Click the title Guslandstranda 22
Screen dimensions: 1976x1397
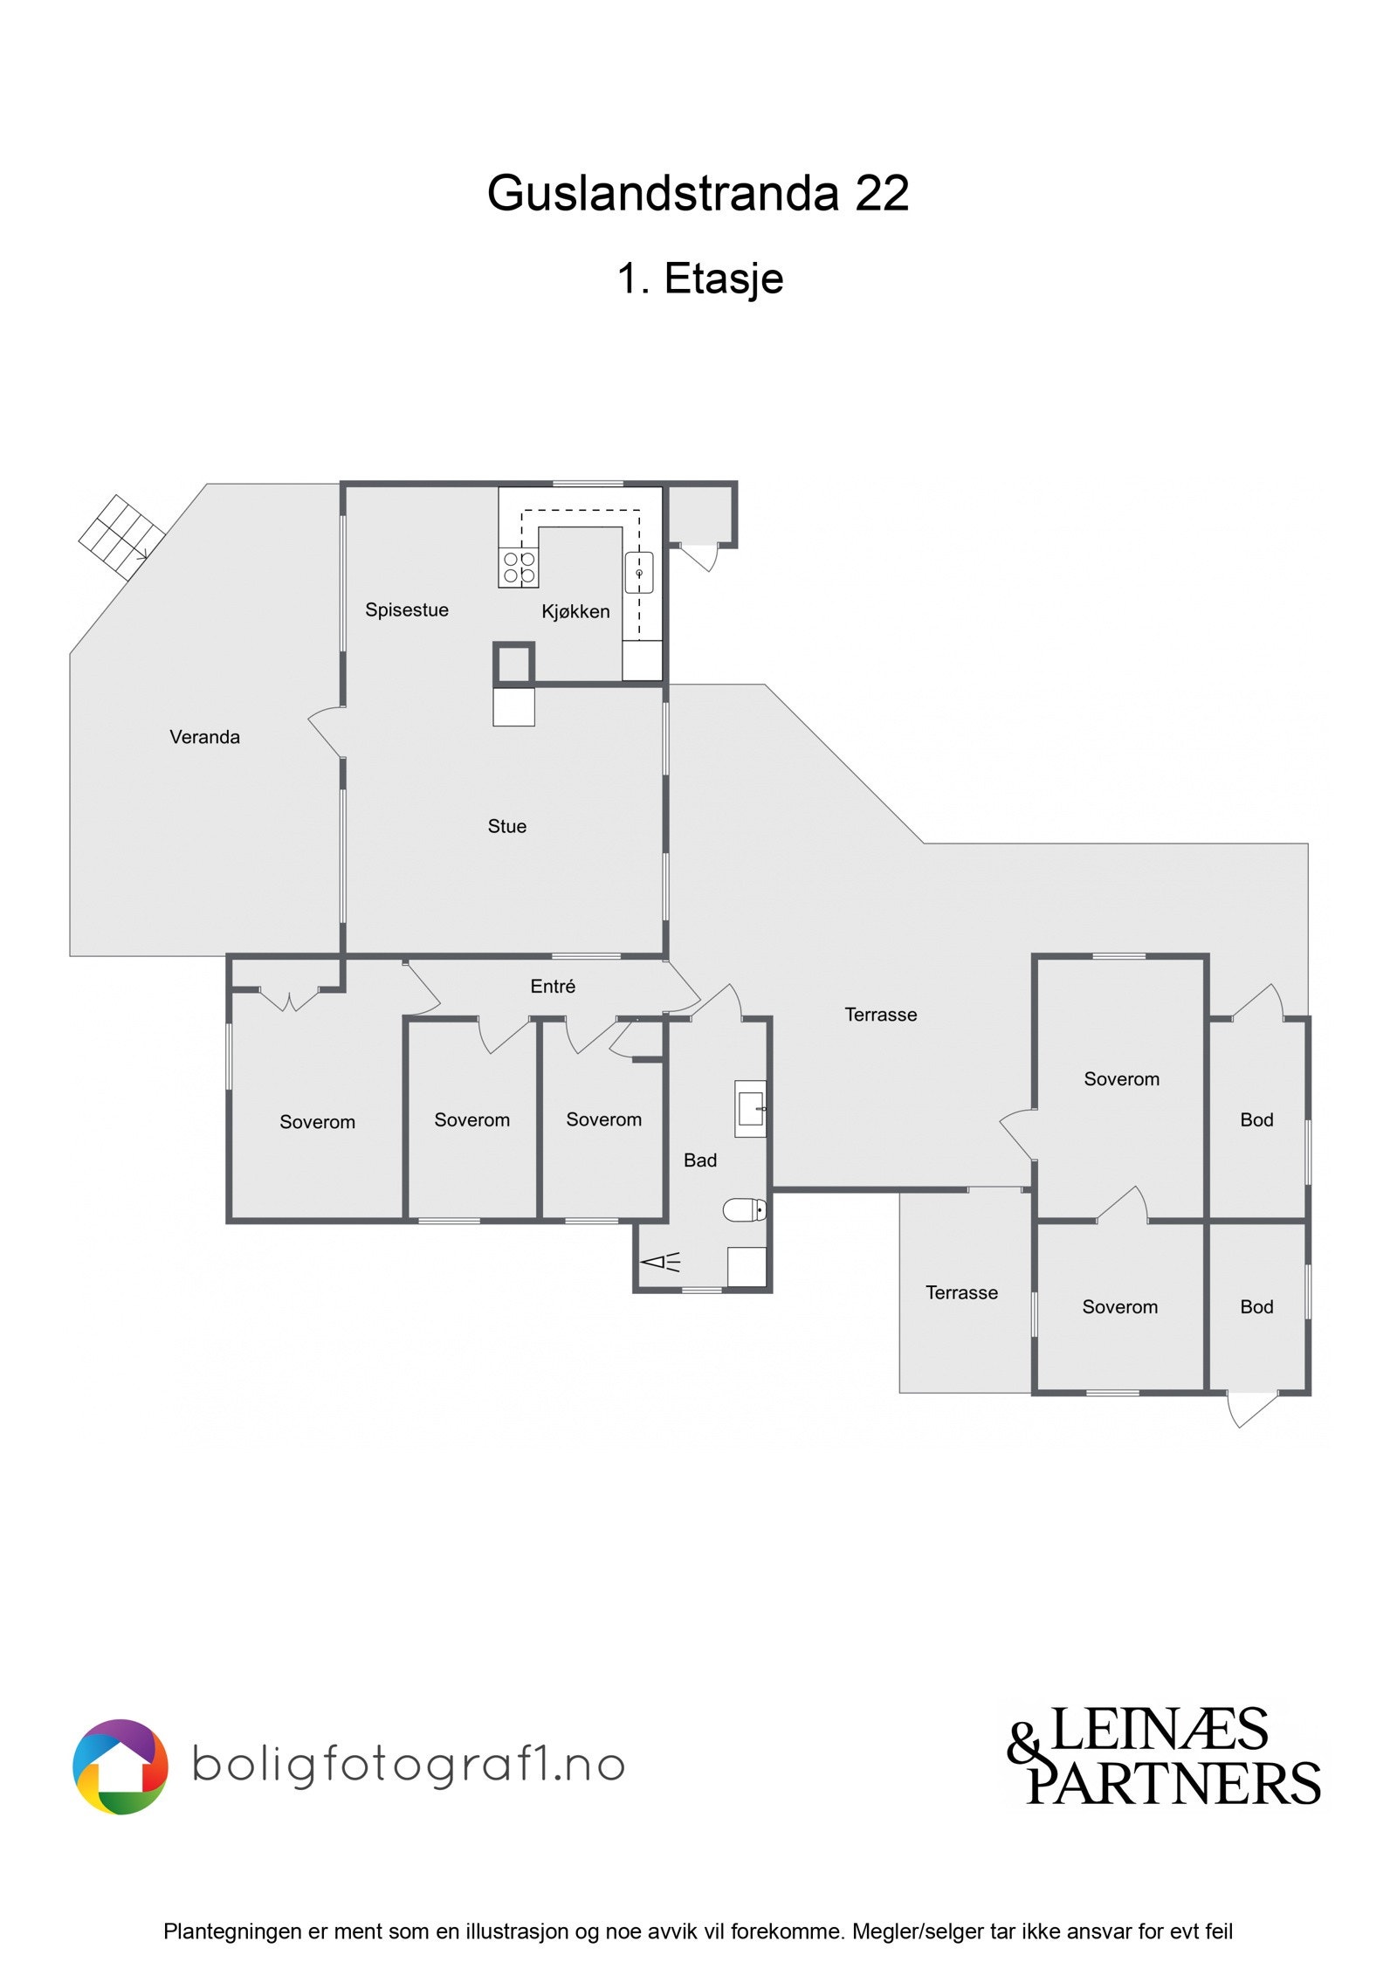pos(698,193)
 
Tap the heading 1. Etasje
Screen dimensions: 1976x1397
pos(699,279)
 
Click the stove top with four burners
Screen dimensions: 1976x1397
pos(519,567)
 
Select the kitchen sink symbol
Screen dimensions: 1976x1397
pos(638,573)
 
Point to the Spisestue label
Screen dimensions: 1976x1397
pos(407,609)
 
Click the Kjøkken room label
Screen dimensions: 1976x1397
pos(575,611)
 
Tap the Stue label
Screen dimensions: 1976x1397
pos(506,826)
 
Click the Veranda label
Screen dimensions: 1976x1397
pos(204,737)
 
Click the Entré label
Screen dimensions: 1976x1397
pos(553,986)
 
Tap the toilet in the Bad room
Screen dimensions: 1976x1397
pos(745,1209)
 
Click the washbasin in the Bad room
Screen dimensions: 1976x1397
pos(750,1109)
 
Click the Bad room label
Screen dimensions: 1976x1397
pos(699,1160)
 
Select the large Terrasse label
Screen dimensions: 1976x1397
pos(880,1015)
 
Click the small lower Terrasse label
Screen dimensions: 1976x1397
pos(961,1292)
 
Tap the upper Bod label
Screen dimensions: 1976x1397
pos(1256,1119)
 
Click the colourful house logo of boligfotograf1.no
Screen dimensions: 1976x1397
pos(120,1767)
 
